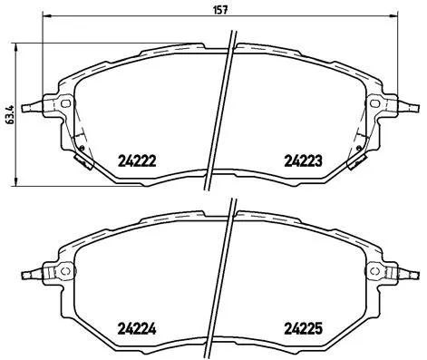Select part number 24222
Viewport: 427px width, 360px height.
pyautogui.click(x=138, y=161)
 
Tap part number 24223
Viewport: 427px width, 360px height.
pyautogui.click(x=303, y=161)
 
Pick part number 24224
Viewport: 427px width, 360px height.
pyautogui.click(x=138, y=330)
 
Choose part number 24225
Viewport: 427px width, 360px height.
pyautogui.click(x=303, y=330)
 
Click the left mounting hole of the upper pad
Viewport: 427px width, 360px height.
pyautogui.click(x=66, y=105)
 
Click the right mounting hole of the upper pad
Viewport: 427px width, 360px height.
pyautogui.click(x=373, y=105)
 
